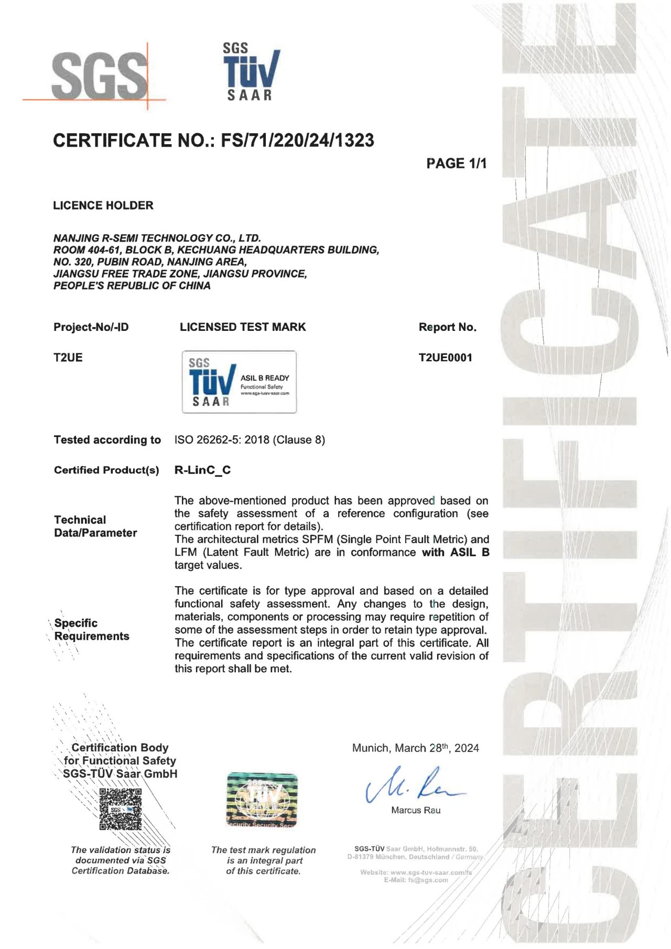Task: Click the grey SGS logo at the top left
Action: click(x=100, y=74)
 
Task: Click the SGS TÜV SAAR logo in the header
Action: click(x=251, y=72)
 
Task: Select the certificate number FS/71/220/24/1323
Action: click(x=297, y=141)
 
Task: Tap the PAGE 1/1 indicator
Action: click(x=456, y=164)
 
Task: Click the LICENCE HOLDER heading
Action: click(x=103, y=206)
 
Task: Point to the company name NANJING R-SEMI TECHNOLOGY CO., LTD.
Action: click(x=157, y=238)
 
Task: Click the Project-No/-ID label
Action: click(x=91, y=327)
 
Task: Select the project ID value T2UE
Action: click(x=68, y=358)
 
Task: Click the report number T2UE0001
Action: click(x=445, y=358)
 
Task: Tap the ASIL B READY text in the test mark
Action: click(x=265, y=378)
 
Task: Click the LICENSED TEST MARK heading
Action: click(x=243, y=327)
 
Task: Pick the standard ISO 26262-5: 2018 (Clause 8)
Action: click(x=250, y=440)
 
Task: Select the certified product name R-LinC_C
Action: click(x=202, y=470)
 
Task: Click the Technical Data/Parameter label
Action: click(x=95, y=526)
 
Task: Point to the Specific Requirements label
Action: click(x=92, y=630)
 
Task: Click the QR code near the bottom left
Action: click(x=121, y=809)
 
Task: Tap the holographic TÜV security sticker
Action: click(x=262, y=800)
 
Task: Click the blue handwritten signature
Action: click(x=414, y=784)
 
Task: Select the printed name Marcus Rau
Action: click(x=416, y=810)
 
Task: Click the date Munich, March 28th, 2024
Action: click(x=415, y=748)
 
